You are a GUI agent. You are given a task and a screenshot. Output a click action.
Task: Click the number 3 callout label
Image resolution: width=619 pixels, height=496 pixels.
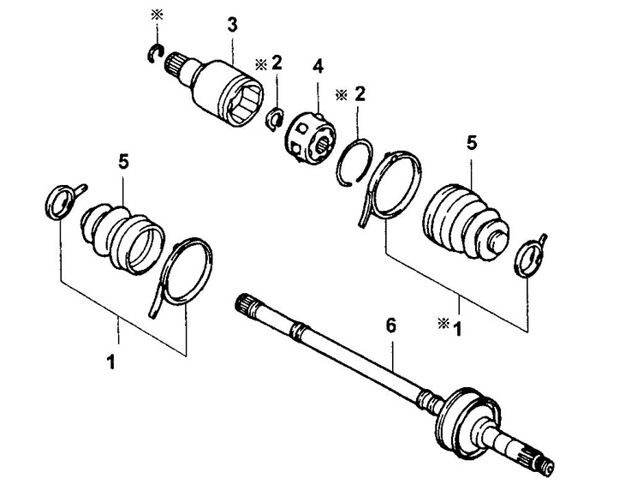pos(232,25)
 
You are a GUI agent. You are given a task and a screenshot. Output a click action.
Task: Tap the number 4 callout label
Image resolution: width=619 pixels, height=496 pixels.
pos(318,66)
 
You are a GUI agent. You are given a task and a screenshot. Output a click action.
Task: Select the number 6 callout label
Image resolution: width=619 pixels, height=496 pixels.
pos(390,326)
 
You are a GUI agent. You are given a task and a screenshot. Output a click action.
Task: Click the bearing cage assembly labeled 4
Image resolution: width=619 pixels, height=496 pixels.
pos(310,137)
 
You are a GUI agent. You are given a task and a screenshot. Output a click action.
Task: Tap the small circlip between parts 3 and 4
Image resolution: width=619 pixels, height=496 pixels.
pos(275,118)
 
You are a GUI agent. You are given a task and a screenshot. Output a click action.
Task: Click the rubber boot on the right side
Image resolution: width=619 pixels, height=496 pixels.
pos(466,221)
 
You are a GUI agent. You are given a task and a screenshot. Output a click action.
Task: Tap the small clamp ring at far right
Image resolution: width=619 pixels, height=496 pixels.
pos(529,257)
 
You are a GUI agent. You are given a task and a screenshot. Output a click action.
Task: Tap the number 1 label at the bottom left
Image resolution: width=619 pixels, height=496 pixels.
pos(111,362)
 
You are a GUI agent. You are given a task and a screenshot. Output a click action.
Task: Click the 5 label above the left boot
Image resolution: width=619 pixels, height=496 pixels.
pos(123,162)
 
